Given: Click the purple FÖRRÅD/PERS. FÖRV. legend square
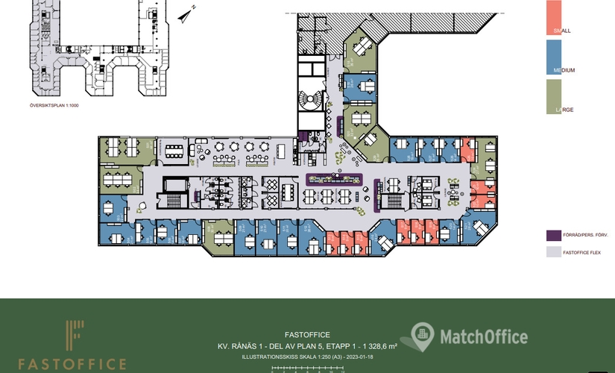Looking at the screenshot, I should tap(553, 235).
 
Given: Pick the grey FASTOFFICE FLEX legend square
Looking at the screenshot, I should tap(553, 252).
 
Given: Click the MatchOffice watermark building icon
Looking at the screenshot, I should tap(422, 336).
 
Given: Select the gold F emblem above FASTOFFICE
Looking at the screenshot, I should tap(73, 337).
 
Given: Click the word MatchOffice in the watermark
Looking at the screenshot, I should tap(482, 336).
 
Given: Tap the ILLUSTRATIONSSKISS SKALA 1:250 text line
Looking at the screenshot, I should tap(307, 357).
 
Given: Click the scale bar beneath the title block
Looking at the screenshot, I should tap(307, 368).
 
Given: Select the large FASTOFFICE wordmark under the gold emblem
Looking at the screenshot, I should tap(72, 364).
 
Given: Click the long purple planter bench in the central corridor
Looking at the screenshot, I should tap(335, 178).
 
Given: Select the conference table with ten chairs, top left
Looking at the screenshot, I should tap(176, 151).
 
